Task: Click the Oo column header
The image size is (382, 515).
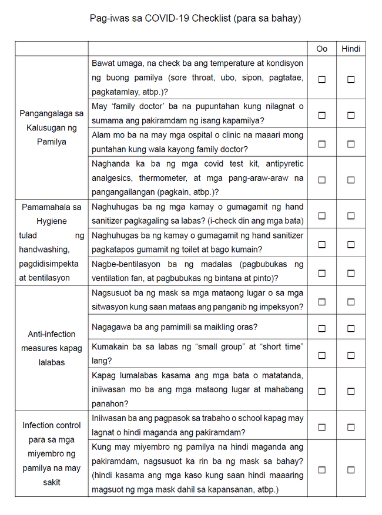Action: tap(322, 49)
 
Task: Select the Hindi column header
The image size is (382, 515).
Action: tap(351, 49)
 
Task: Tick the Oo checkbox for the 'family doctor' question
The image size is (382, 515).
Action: tap(322, 115)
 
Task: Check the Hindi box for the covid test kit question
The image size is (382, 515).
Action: tap(351, 180)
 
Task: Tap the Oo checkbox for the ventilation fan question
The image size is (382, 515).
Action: tap(322, 273)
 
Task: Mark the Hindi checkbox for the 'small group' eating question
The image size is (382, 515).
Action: tap(351, 355)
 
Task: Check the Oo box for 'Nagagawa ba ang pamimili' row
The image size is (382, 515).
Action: tap(322, 328)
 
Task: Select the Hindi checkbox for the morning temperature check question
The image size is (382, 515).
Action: tap(351, 80)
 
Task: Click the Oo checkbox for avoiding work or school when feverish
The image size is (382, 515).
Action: tap(322, 428)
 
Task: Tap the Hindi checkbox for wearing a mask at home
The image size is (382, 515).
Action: tap(351, 470)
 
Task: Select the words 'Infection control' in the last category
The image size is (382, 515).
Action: tap(52, 425)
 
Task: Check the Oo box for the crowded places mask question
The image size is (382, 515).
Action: tap(322, 302)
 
